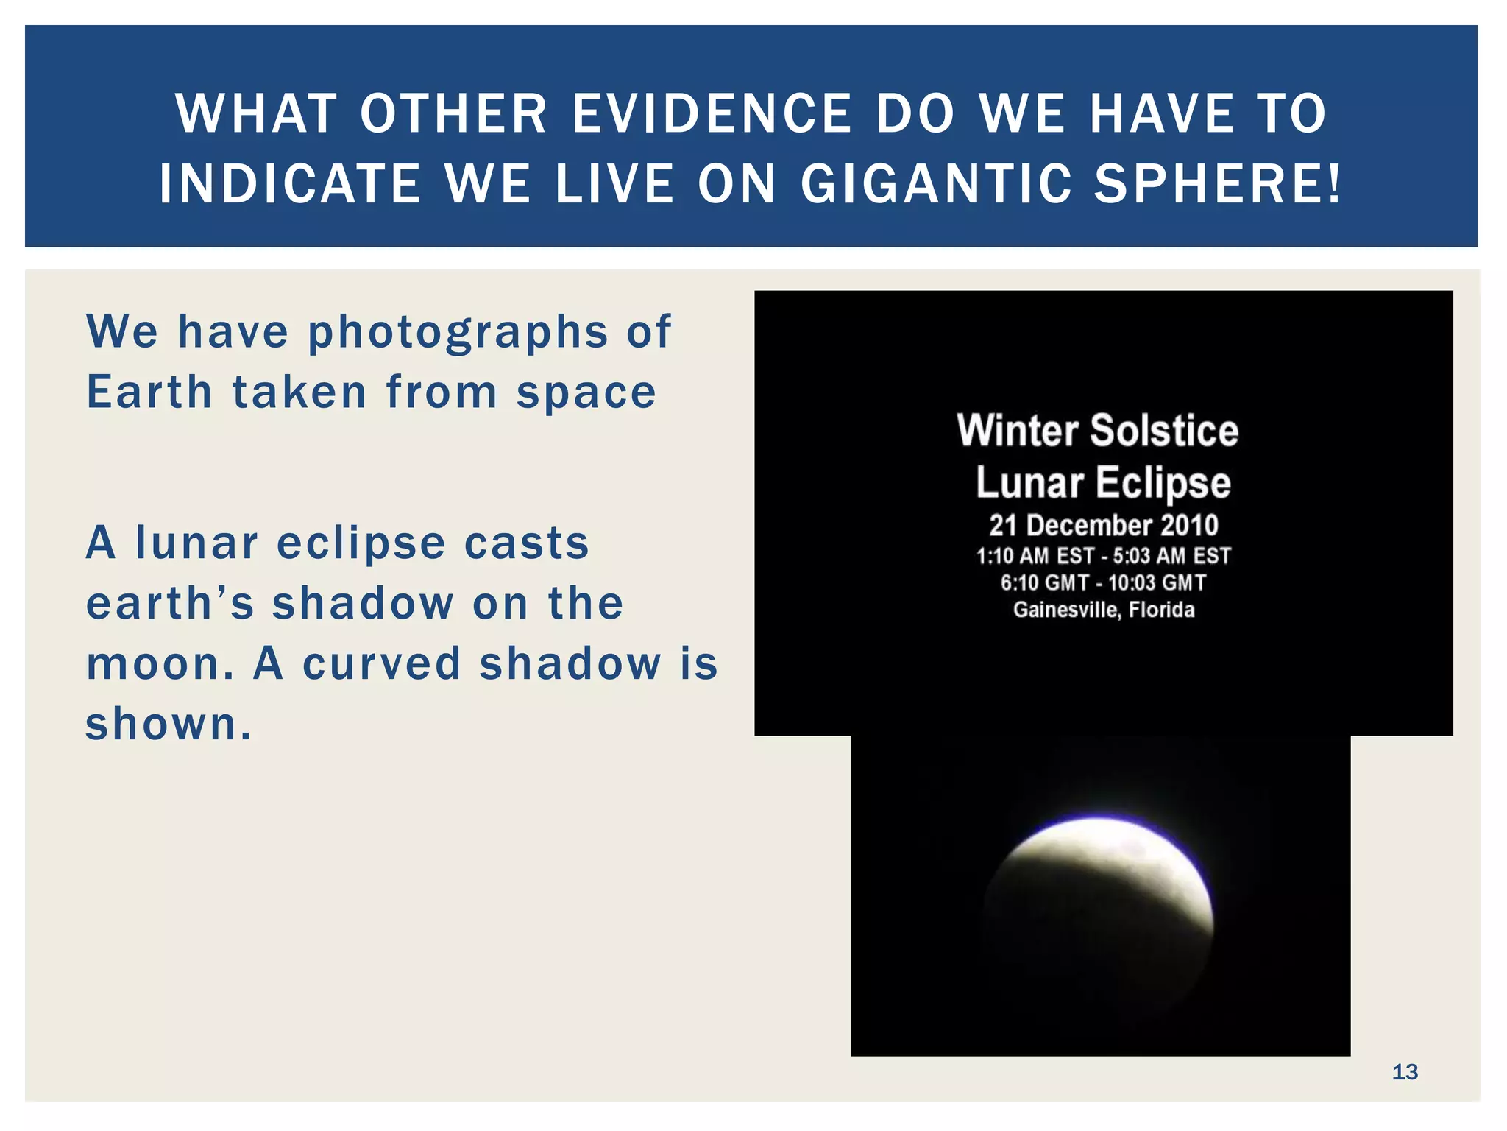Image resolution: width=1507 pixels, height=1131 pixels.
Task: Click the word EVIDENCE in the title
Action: [712, 114]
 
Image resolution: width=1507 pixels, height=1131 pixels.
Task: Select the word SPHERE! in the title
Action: [1218, 184]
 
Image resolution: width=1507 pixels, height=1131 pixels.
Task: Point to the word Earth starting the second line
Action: [149, 392]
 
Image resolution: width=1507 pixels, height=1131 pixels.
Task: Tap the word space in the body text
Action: [586, 393]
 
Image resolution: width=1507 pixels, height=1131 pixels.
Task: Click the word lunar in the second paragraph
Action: [196, 543]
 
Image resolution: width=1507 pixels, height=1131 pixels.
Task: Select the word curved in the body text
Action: [381, 664]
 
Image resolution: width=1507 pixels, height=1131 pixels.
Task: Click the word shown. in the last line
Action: [169, 725]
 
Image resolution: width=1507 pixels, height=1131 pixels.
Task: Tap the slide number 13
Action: [1405, 1072]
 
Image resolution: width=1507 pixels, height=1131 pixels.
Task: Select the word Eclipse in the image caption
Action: [1163, 484]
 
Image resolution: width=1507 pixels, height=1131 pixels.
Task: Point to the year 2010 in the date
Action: [1189, 526]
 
